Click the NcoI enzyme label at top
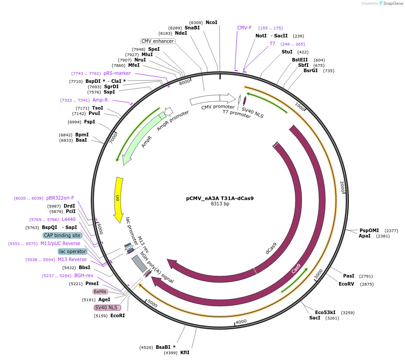(x=211, y=22)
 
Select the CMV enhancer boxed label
(x=158, y=41)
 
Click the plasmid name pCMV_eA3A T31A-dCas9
(x=220, y=198)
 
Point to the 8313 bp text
(x=220, y=204)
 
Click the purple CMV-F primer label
(x=244, y=28)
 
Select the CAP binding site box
(x=62, y=235)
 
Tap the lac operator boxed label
(x=73, y=251)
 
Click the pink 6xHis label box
(x=100, y=291)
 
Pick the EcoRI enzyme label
(x=117, y=316)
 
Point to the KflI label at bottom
(x=185, y=352)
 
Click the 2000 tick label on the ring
(x=342, y=187)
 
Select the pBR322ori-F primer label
(x=60, y=198)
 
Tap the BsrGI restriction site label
(x=311, y=70)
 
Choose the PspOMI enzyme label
(x=369, y=230)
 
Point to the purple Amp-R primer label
(x=100, y=100)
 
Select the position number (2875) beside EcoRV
(x=367, y=284)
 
